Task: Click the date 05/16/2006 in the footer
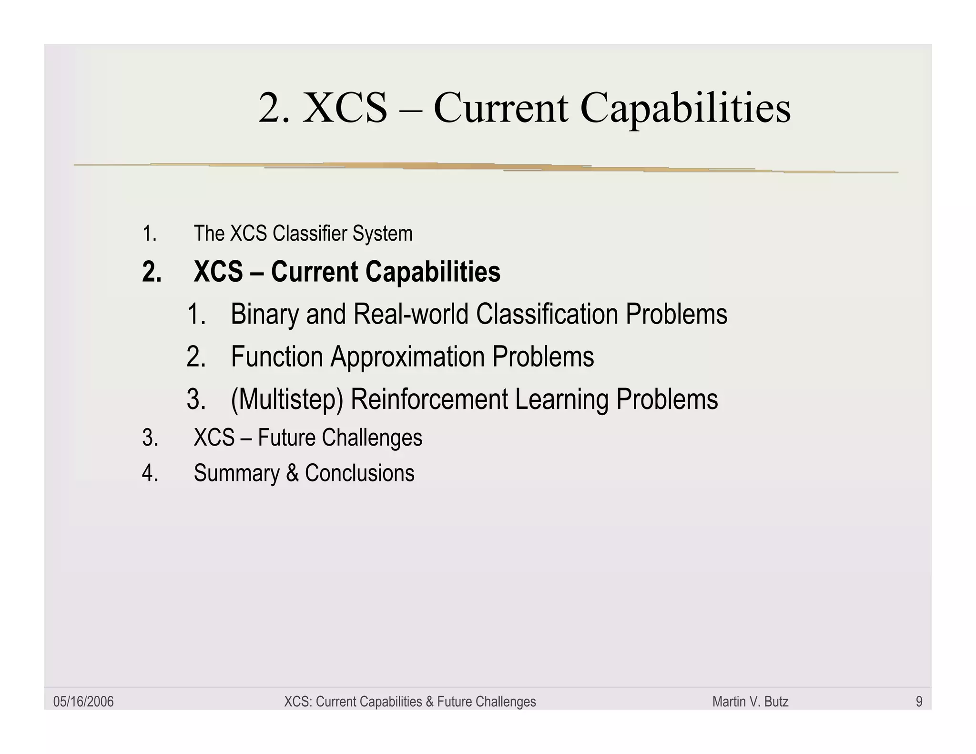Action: tap(83, 702)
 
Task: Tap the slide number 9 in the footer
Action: tap(919, 702)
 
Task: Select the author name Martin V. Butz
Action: tap(750, 702)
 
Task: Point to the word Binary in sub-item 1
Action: tap(264, 315)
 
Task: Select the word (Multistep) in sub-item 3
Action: tap(286, 399)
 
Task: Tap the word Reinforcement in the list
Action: tap(429, 399)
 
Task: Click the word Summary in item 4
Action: tap(236, 473)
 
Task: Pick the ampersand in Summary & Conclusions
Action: tap(292, 473)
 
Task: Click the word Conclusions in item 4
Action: tap(359, 473)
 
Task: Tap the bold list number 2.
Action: tap(152, 272)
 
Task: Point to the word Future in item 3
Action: tap(286, 438)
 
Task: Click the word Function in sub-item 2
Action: tap(277, 357)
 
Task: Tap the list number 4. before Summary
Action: tap(150, 473)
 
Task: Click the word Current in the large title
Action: tap(500, 109)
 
